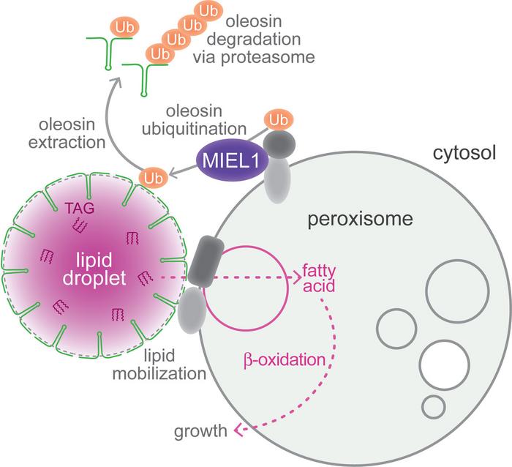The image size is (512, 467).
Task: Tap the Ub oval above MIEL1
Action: pyautogui.click(x=277, y=118)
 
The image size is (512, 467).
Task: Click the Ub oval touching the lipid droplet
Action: pyautogui.click(x=152, y=177)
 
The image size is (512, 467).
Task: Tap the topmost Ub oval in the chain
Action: pyautogui.click(x=211, y=11)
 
